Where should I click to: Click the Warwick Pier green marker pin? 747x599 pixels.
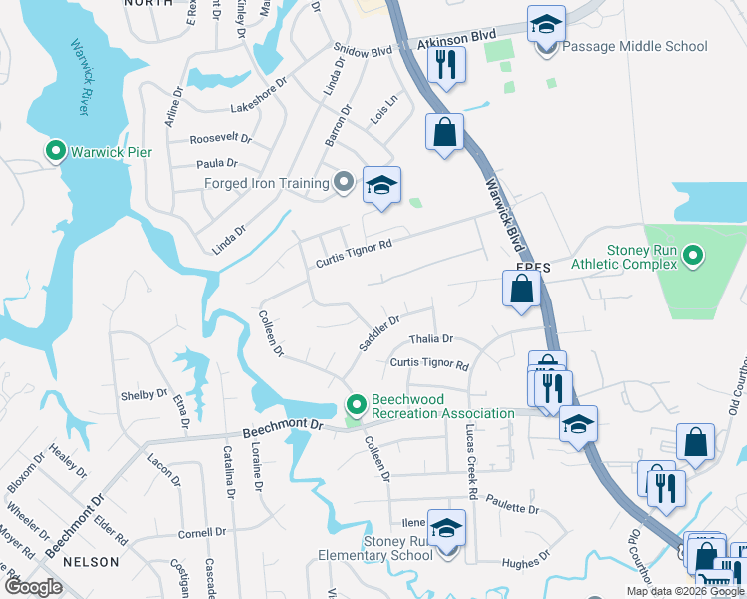pyautogui.click(x=56, y=152)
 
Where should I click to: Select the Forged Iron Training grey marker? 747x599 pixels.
pyautogui.click(x=344, y=183)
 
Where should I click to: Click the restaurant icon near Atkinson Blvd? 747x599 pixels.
pyautogui.click(x=445, y=64)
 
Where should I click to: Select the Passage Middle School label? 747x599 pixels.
pyautogui.click(x=635, y=47)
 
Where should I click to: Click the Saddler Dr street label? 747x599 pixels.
pyautogui.click(x=379, y=333)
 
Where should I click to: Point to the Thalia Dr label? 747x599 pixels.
pyautogui.click(x=431, y=339)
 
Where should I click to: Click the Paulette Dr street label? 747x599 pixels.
pyautogui.click(x=514, y=508)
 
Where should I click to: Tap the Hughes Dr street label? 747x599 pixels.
pyautogui.click(x=521, y=564)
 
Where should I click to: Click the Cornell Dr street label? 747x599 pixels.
pyautogui.click(x=203, y=533)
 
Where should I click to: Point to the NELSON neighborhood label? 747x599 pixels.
pyautogui.click(x=91, y=563)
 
